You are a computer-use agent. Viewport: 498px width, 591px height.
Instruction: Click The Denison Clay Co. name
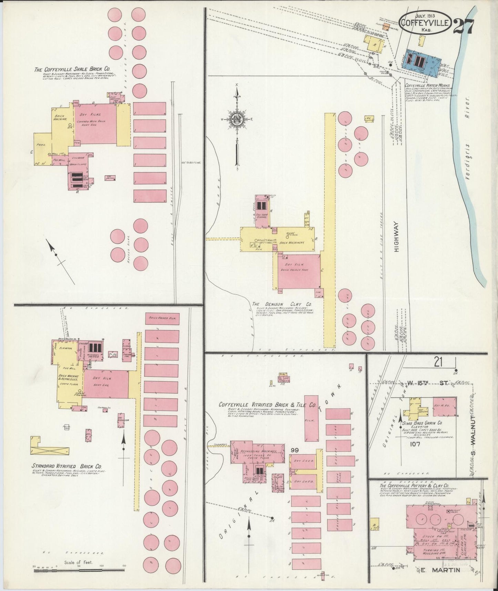(x=282, y=304)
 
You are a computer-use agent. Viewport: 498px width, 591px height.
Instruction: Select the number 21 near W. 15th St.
(x=438, y=362)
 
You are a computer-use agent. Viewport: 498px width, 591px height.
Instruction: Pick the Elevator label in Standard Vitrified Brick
(x=65, y=349)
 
